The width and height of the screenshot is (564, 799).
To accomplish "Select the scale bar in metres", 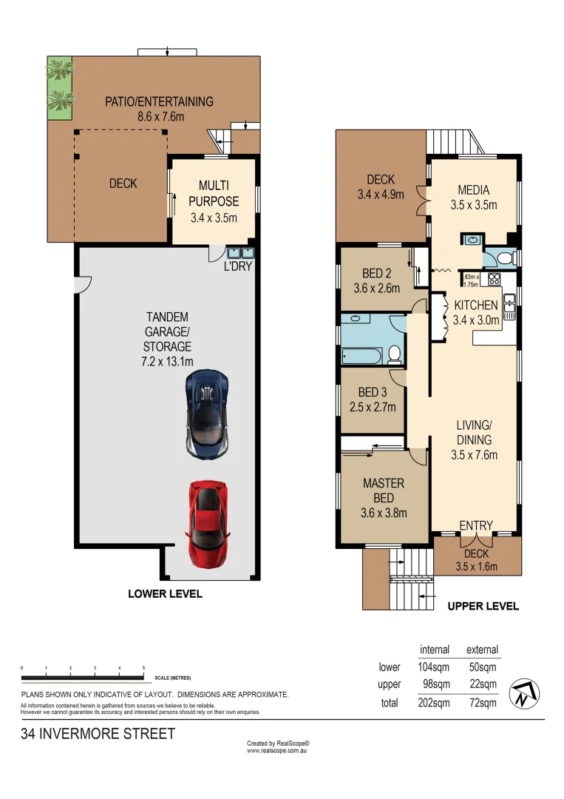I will [x=83, y=676].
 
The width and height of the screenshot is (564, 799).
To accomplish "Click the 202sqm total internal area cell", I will [x=435, y=703].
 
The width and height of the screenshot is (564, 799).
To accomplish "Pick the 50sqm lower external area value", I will [x=482, y=667].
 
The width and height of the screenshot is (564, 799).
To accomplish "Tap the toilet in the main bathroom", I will [x=394, y=354].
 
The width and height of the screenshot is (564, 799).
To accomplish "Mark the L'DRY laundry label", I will [x=237, y=266].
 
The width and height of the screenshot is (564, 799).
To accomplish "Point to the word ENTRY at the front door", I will [x=475, y=525].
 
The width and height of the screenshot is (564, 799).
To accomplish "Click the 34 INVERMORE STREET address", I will [x=98, y=734].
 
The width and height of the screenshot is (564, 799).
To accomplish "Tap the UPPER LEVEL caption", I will [x=483, y=606].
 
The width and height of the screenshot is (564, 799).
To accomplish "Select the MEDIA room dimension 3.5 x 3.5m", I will [x=474, y=205].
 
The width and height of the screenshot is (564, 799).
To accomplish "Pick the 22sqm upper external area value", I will [x=482, y=684].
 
